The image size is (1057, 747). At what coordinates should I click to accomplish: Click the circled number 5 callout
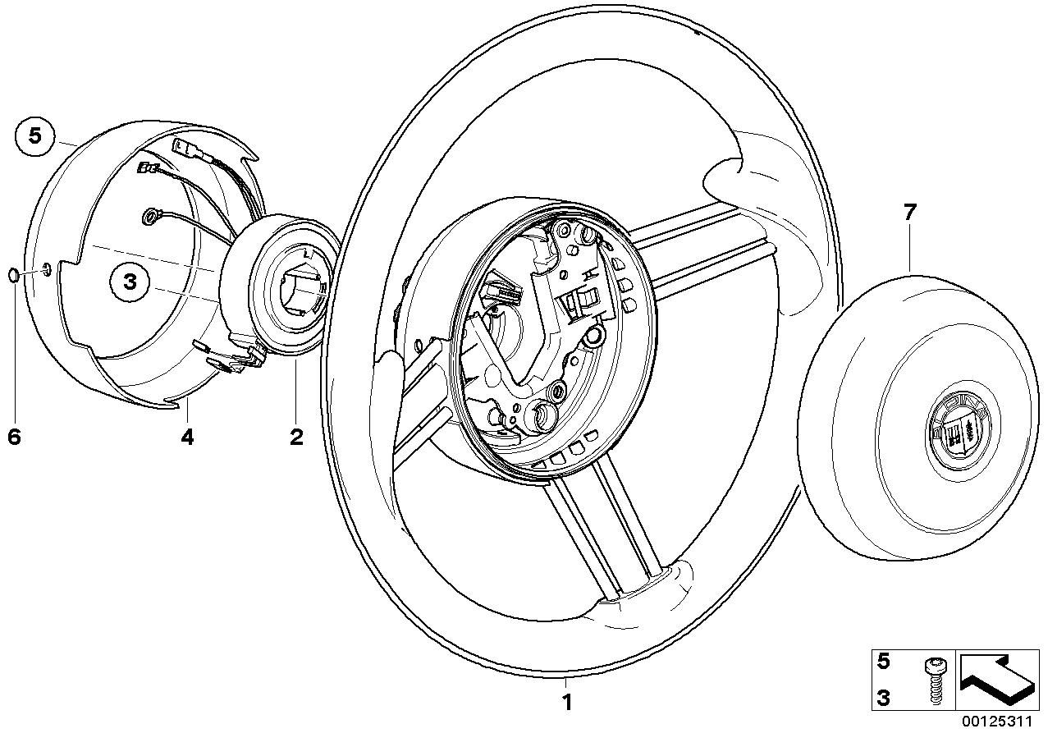[x=34, y=135]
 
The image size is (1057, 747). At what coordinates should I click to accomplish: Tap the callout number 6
[x=14, y=437]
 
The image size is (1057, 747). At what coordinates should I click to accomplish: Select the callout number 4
[x=188, y=437]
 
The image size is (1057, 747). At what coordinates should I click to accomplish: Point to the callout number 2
[x=296, y=437]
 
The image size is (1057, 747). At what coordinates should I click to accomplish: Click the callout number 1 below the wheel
[x=565, y=702]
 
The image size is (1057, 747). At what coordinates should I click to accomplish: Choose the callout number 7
[x=909, y=213]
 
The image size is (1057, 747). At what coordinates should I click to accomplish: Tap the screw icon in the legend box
[x=933, y=680]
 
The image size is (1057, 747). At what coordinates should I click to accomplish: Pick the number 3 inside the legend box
[x=883, y=698]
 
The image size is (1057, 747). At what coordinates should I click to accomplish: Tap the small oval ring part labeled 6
[x=15, y=274]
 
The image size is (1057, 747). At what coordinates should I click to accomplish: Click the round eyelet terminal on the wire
[x=152, y=217]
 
